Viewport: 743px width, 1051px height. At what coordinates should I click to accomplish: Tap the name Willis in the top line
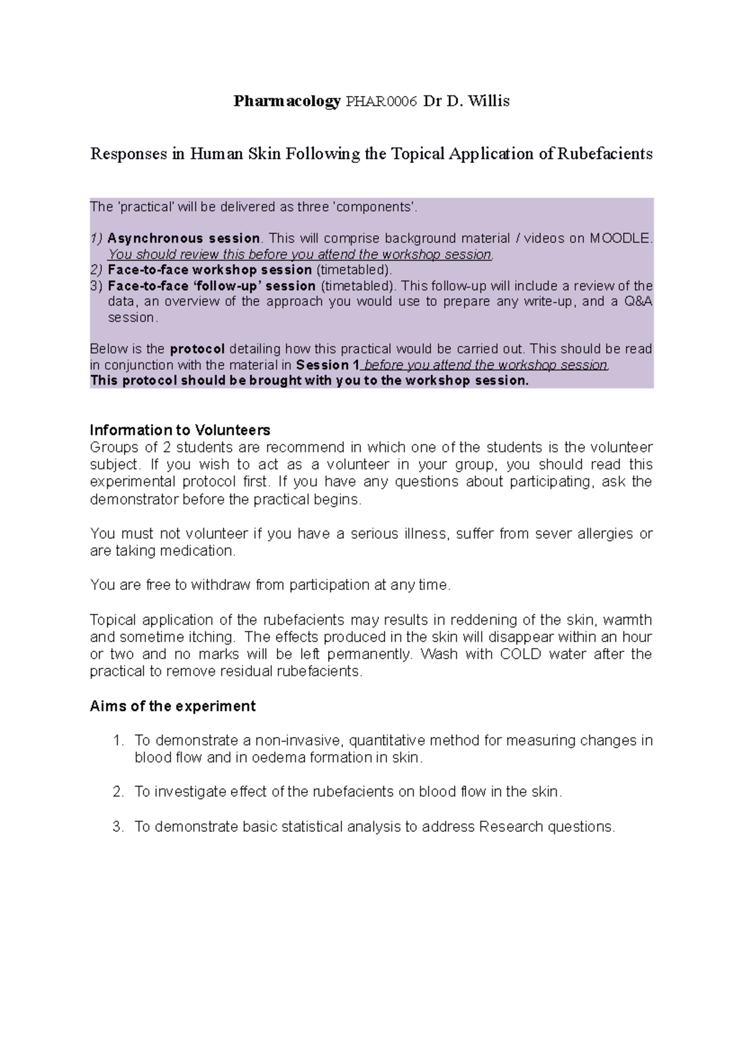click(489, 102)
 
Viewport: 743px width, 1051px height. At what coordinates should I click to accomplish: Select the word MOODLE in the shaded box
click(620, 238)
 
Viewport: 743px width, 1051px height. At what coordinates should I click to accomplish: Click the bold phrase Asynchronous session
click(183, 238)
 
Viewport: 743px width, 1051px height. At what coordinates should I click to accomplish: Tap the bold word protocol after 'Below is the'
click(197, 349)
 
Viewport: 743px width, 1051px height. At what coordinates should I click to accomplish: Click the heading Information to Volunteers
click(180, 430)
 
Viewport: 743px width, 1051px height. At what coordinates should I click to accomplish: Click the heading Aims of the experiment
click(173, 706)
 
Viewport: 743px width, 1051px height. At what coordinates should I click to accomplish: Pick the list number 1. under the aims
click(119, 741)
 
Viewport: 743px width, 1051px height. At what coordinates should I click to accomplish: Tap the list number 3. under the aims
click(119, 827)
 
